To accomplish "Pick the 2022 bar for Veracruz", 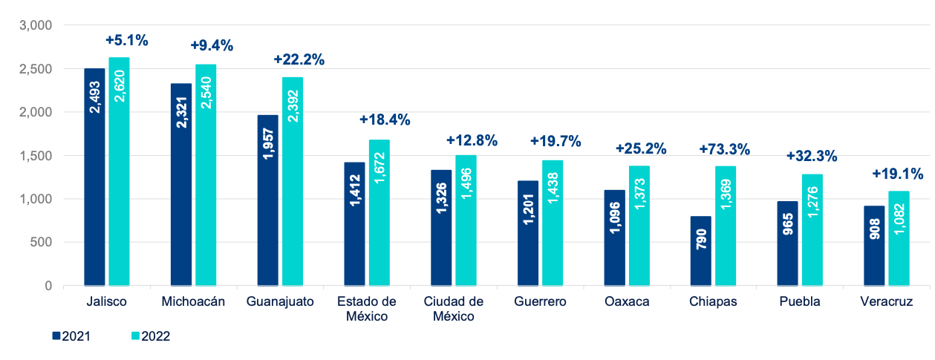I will click(899, 238).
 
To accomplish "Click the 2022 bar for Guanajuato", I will click(293, 181).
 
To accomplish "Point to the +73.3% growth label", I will click(724, 149).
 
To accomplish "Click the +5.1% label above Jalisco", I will click(126, 40).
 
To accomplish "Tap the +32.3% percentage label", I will click(811, 156).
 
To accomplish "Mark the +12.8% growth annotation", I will click(472, 140).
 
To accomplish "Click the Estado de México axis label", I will click(366, 308).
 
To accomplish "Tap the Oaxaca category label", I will click(627, 301).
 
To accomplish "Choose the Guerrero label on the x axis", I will click(540, 301).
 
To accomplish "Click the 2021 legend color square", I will click(56, 336).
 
